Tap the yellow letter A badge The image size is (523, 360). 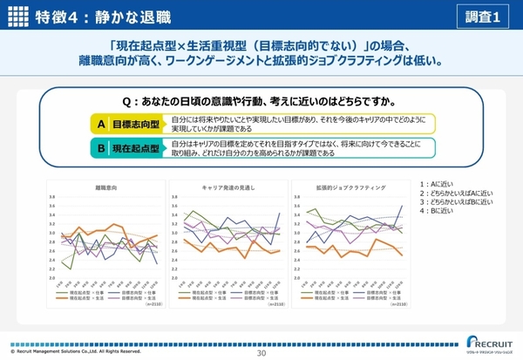pyautogui.click(x=101, y=124)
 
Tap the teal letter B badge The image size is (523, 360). pyautogui.click(x=101, y=148)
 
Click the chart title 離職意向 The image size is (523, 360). pyautogui.click(x=107, y=187)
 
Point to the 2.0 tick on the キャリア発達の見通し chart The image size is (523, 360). pyautogui.click(x=174, y=278)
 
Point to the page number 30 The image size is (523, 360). pyautogui.click(x=261, y=354)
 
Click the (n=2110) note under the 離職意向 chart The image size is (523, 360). pyautogui.click(x=151, y=305)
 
